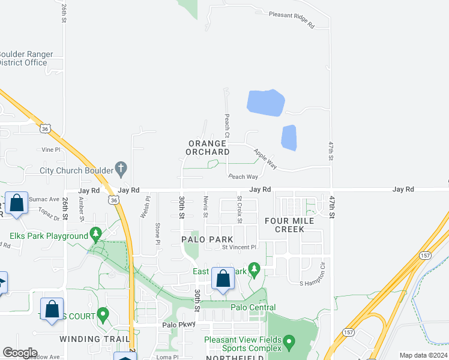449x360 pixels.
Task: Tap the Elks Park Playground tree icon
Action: [95, 233]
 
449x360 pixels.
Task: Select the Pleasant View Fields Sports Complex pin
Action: [289, 344]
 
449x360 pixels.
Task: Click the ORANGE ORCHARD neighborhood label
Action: [209, 148]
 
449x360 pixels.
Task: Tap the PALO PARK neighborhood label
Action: [207, 239]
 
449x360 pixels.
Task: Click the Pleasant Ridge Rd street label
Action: [292, 19]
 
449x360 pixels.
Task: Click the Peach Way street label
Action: [243, 176]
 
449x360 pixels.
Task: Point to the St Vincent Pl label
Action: [239, 247]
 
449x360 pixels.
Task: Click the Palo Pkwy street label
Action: [177, 325]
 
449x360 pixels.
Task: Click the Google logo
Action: [20, 353]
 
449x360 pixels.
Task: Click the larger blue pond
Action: [265, 103]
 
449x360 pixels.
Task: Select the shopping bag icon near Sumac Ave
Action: [16, 203]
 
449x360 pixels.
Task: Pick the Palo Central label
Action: [253, 308]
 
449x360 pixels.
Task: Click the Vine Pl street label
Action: [51, 149]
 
